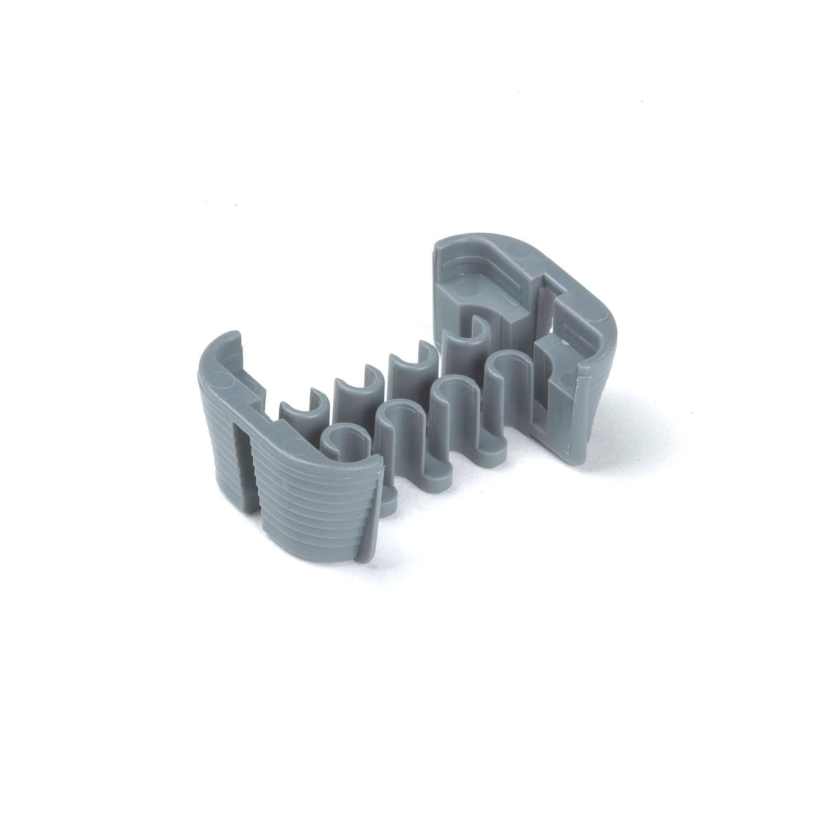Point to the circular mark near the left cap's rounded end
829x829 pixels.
220,380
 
